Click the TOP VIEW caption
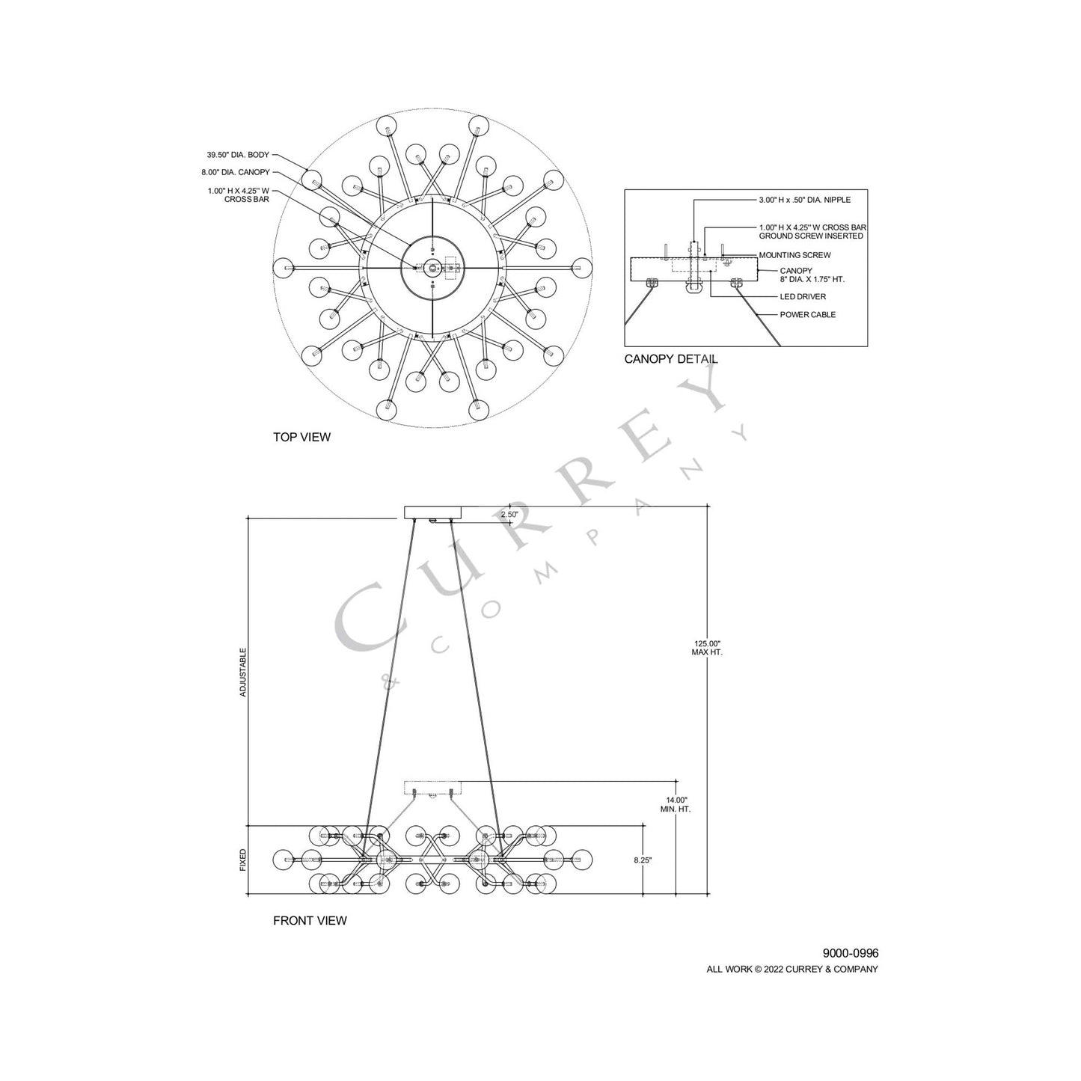(x=301, y=437)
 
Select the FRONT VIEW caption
(x=310, y=921)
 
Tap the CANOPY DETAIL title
(x=671, y=359)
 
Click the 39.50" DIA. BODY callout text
(x=238, y=155)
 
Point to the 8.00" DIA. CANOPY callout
(x=236, y=172)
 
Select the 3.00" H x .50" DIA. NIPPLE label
(x=804, y=200)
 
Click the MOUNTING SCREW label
(x=794, y=255)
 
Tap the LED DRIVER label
(x=803, y=297)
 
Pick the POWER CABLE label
(x=807, y=315)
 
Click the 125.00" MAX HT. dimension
(x=707, y=648)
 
